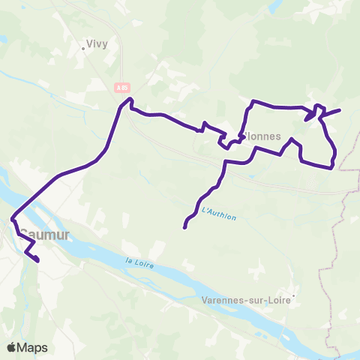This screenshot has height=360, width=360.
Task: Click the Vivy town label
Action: (x=97, y=43)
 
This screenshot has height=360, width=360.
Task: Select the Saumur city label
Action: (x=43, y=235)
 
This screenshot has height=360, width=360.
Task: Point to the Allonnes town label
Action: (x=262, y=137)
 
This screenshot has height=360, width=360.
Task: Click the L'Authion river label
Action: (x=219, y=214)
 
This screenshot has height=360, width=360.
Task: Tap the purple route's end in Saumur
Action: (x=37, y=260)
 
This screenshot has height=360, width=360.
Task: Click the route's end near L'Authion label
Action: (x=184, y=226)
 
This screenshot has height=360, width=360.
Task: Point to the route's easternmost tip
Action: (x=340, y=110)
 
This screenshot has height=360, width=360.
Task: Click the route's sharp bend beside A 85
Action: (x=130, y=100)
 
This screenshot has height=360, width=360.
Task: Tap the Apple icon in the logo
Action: (x=11, y=346)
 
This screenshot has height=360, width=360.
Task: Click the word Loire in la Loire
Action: (x=145, y=263)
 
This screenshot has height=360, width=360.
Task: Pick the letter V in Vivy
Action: (x=90, y=43)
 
